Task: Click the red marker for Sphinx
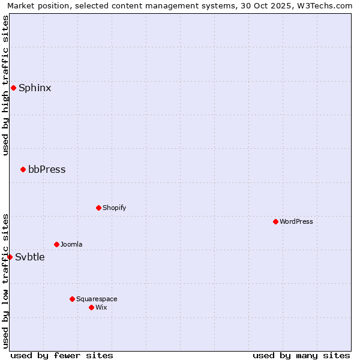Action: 13,88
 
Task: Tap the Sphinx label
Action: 35,88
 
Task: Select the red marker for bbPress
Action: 23,169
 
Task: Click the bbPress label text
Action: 47,169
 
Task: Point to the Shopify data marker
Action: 98,208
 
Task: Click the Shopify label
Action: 114,208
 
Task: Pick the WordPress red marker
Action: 275,221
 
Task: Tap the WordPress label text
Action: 296,221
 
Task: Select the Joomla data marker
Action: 56,244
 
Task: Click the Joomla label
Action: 71,244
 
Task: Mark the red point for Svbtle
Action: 10,257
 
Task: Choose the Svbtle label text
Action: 30,257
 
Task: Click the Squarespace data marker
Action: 72,299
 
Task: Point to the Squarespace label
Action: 97,299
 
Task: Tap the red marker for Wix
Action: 91,307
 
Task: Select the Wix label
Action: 101,307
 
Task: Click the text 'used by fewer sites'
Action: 62,355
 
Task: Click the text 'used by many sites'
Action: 301,355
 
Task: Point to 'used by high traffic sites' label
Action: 6,85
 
